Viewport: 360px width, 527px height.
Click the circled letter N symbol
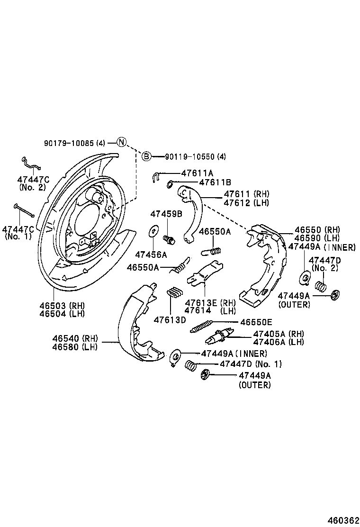coord(121,142)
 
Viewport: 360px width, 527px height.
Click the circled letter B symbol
coord(146,156)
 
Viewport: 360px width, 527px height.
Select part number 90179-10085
coord(69,143)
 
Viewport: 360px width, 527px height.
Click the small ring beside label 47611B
coord(170,182)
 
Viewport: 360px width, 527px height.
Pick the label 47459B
coord(166,214)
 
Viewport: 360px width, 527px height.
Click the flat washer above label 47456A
coord(153,232)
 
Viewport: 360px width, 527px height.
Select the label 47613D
coord(170,319)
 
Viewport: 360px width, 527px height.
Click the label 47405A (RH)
coord(278,334)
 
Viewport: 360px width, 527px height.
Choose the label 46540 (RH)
coord(74,338)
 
